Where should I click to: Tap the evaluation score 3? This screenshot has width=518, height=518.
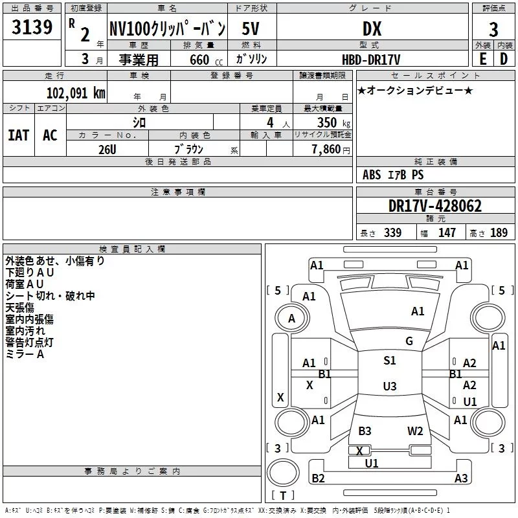click(x=493, y=30)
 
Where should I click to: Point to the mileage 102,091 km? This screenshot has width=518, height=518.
click(x=75, y=93)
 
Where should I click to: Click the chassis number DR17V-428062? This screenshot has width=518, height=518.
click(x=435, y=206)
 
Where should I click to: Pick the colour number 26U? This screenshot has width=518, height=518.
click(x=107, y=149)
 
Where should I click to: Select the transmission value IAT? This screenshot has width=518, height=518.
click(x=18, y=135)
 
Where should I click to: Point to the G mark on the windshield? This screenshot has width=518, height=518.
click(x=409, y=341)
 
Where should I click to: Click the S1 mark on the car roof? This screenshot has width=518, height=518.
click(x=389, y=361)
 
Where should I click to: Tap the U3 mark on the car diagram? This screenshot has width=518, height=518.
click(x=389, y=387)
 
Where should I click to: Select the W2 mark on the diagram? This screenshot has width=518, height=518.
click(x=415, y=431)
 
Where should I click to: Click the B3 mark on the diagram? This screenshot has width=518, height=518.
click(x=365, y=431)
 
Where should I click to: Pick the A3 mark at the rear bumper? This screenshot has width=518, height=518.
click(x=460, y=479)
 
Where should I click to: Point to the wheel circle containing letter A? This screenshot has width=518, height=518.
click(x=291, y=319)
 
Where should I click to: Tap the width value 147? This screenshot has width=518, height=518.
click(x=447, y=233)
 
